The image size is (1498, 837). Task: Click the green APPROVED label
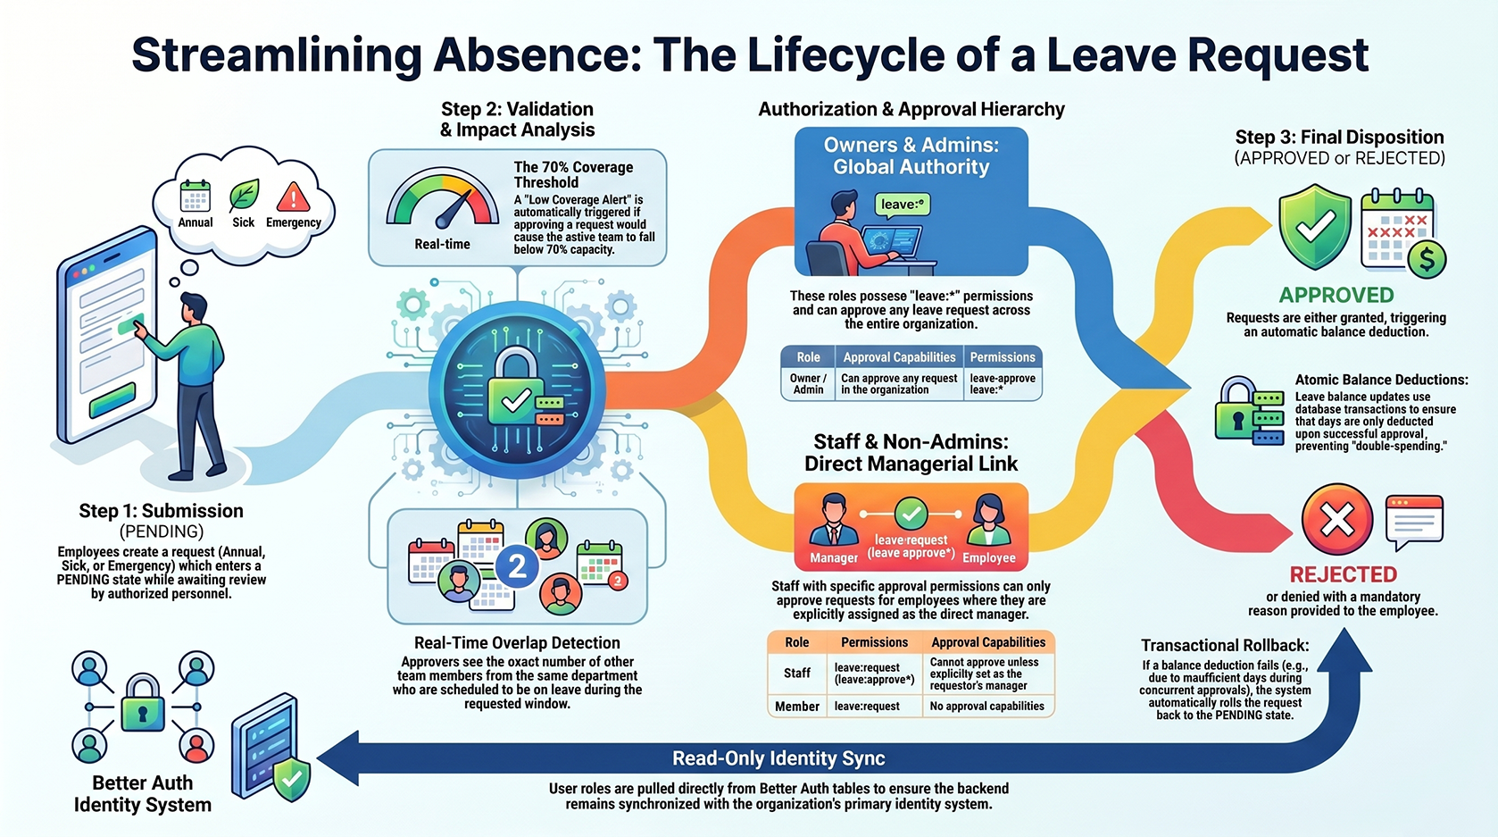(1336, 295)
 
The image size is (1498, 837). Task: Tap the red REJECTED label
(1343, 574)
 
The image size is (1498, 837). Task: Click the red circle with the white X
(1336, 519)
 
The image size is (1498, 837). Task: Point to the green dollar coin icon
(1427, 260)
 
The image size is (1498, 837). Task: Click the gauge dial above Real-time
(442, 200)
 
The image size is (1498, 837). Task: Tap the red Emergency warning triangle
(293, 197)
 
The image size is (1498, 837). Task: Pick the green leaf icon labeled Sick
(244, 196)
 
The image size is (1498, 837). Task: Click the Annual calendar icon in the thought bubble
(196, 197)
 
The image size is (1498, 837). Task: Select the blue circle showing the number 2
(517, 566)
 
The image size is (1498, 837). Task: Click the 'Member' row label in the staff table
(796, 707)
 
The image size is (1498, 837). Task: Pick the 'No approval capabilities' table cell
(987, 706)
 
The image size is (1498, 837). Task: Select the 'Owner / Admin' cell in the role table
(808, 383)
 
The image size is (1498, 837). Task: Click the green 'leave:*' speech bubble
(903, 205)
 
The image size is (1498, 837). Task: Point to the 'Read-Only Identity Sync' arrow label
(778, 758)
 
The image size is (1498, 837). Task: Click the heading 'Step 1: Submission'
(162, 510)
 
